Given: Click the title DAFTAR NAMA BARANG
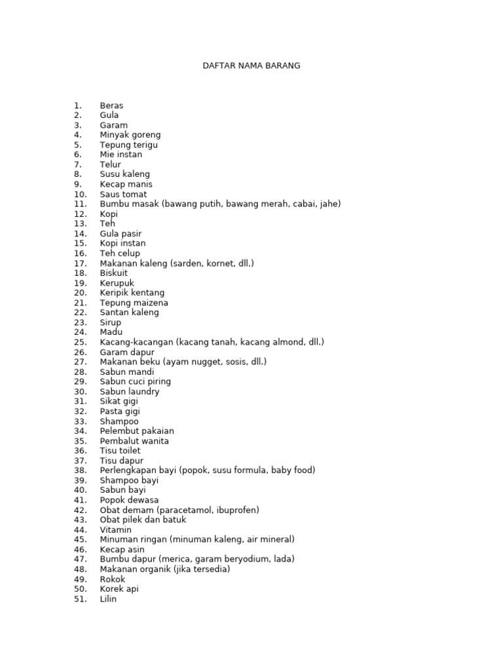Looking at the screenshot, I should point(251,66).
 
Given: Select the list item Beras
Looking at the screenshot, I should point(111,105).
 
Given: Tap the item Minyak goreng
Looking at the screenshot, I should point(130,135).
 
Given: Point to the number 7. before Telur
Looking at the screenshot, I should point(78,164).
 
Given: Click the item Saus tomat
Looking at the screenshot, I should point(123,195).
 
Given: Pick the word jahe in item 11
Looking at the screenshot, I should point(327,204).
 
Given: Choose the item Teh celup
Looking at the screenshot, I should point(120,254).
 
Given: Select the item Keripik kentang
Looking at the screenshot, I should point(132,293).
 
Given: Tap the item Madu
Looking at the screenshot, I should point(111,332).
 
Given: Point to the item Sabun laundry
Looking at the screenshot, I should point(129,392).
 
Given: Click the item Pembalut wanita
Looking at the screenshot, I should point(134,441).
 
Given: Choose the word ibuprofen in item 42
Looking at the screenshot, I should point(235,510).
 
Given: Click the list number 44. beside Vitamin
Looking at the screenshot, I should point(80,529).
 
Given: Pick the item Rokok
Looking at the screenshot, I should point(112,579).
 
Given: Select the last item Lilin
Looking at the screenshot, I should point(108,599).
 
